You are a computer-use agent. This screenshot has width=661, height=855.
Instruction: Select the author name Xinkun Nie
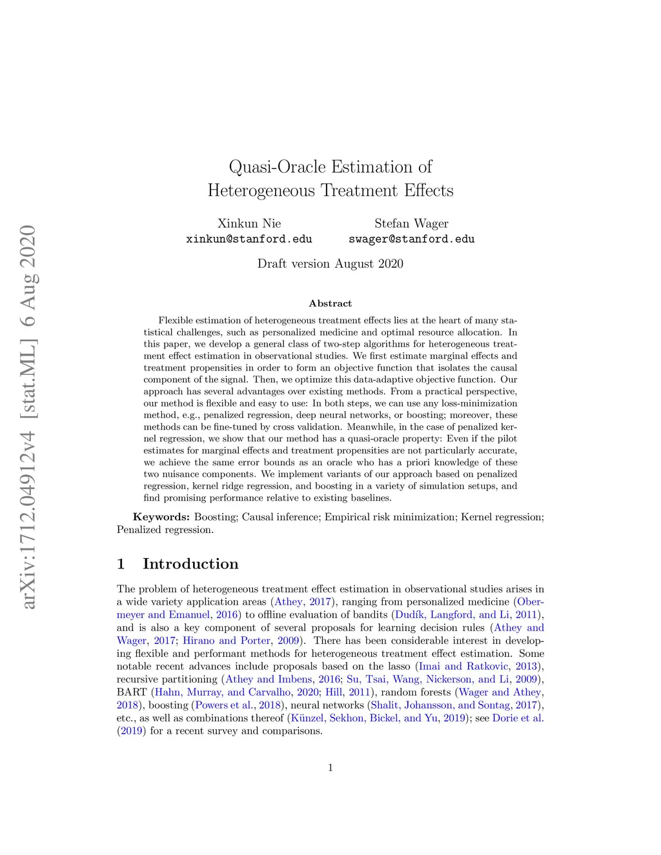coord(249,224)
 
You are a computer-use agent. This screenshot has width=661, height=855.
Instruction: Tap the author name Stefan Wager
coord(411,224)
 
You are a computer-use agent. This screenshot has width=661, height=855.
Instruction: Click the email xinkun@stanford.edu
coord(249,239)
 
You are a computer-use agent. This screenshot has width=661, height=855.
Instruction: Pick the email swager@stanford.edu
coord(411,239)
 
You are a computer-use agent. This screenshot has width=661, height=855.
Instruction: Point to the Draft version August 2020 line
coord(330,263)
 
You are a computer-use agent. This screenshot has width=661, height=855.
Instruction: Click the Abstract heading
coord(330,303)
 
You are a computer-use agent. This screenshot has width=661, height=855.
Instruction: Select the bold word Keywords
coord(161,517)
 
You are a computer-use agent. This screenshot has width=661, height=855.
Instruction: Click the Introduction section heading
coord(190,564)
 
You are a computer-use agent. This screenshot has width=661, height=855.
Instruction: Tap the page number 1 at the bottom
coord(330,767)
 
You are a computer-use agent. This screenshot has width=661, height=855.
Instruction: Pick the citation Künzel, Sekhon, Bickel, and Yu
coord(364,718)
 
